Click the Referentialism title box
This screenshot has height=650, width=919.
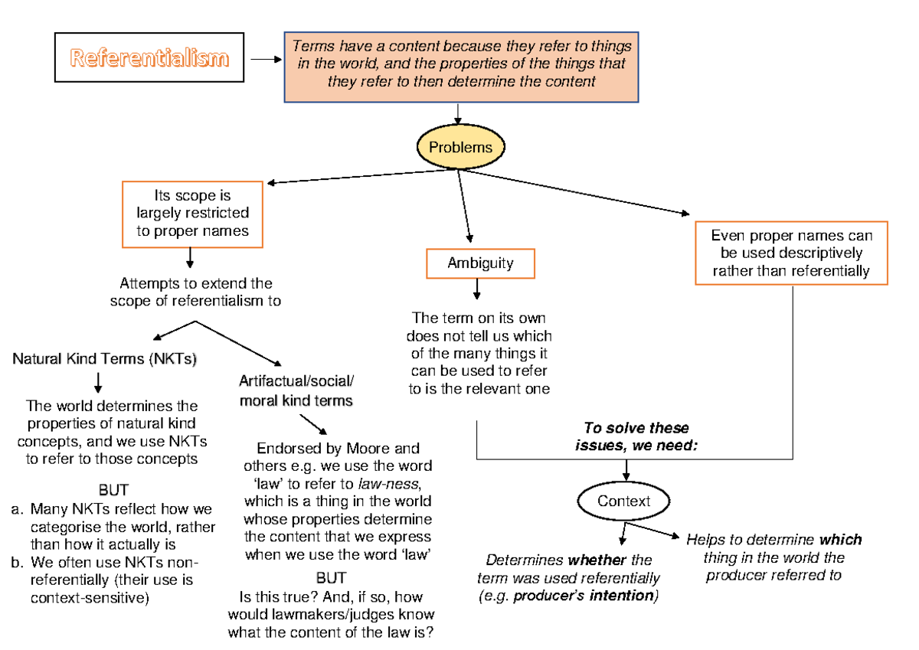(x=149, y=57)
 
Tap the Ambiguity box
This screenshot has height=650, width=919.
(x=480, y=263)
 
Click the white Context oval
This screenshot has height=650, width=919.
(x=623, y=501)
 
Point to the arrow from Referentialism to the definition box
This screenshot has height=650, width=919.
(x=266, y=58)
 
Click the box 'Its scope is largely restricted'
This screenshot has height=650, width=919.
(x=193, y=214)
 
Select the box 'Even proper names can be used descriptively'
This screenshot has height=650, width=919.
(x=791, y=253)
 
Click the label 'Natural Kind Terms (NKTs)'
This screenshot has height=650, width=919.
(x=104, y=358)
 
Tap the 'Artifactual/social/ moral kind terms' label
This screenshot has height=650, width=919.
(x=296, y=391)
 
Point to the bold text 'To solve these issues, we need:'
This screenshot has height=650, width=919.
(x=636, y=436)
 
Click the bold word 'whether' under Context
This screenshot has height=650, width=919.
(x=598, y=560)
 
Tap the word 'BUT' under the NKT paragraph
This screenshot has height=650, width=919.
(x=113, y=489)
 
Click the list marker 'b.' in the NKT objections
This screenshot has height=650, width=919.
(x=16, y=563)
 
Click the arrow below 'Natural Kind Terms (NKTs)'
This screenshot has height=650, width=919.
(x=98, y=381)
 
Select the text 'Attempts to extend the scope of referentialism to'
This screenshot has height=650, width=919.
(x=195, y=292)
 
